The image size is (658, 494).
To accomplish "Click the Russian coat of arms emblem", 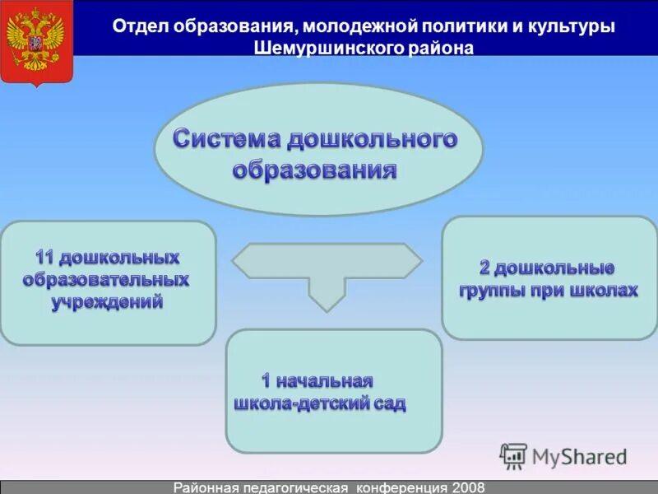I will point(36,43).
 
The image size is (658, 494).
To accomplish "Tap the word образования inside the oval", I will point(315,170).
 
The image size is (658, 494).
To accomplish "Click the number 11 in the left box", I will point(44,258).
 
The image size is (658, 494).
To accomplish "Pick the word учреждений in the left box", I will point(107,302).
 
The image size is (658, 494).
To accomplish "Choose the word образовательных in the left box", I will point(106,280).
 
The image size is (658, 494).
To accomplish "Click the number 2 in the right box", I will point(485,268).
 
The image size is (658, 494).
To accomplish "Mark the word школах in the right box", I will point(606,291).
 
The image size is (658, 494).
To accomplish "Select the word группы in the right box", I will point(489,291).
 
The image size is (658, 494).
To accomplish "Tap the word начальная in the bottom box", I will point(326,381).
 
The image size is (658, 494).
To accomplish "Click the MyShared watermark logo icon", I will point(513,455).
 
